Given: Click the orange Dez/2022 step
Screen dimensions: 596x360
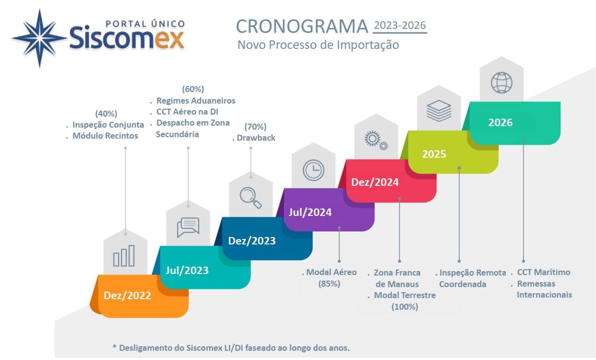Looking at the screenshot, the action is coord(139,296).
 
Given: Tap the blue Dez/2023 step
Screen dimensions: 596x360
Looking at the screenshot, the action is coord(266,239).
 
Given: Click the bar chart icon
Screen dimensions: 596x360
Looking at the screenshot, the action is coord(124,256).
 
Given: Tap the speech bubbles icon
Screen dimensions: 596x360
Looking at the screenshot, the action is coord(188,227).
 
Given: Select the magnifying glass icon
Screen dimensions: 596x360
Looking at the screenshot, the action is coord(251,198).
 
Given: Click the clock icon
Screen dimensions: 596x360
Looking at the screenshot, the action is coord(314,170).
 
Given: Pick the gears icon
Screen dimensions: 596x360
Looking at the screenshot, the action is coord(376,141).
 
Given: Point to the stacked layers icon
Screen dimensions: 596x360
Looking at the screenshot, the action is coord(439,111).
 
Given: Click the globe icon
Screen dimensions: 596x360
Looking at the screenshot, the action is coord(502,83).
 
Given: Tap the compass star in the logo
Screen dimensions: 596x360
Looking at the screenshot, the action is coord(40,38).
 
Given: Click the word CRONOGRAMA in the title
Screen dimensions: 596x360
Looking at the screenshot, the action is coord(302,27).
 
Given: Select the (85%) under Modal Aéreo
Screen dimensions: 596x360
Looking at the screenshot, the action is coord(329,283).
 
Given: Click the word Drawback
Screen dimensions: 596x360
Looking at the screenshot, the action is coord(256,137).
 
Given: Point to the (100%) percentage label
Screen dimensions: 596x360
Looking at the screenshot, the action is coord(405,306).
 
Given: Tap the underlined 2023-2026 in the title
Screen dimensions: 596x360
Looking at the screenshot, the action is coord(400,26).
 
